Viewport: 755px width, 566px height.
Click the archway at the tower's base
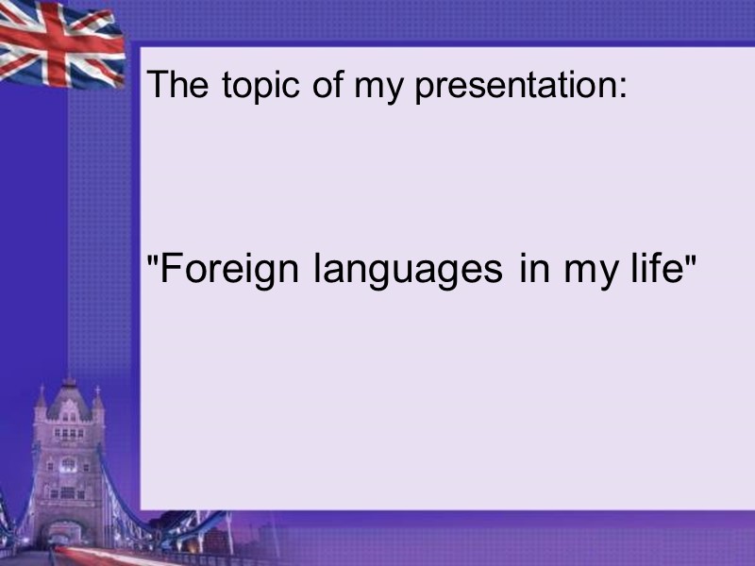coord(67,533)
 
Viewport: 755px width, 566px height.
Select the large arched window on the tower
coord(68,465)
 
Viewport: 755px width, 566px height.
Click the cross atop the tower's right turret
coord(97,389)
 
